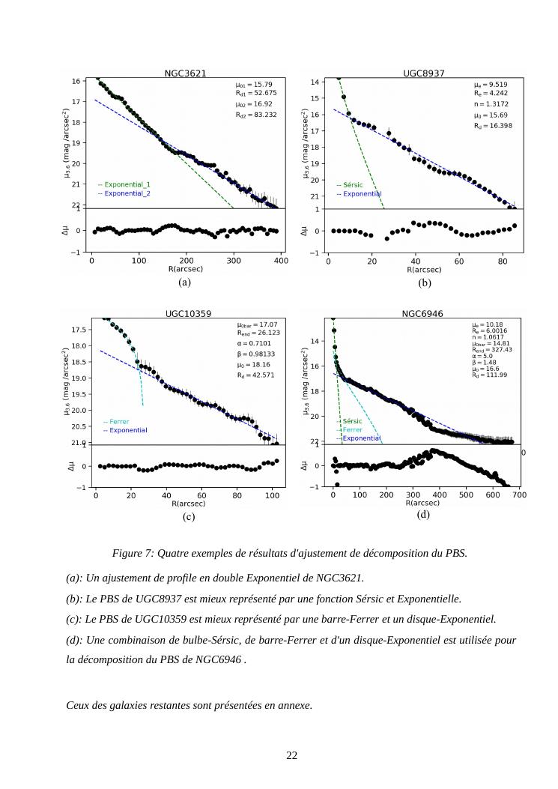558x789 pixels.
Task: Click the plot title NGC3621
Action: coord(186,73)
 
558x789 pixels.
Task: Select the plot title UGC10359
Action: coord(187,314)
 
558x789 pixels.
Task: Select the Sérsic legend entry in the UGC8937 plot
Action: coord(350,184)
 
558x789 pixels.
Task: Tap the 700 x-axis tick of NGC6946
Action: coord(519,495)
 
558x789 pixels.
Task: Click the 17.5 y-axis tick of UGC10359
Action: coord(79,330)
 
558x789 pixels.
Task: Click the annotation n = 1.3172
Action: coord(491,105)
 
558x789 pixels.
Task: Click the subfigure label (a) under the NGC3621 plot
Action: coord(185,282)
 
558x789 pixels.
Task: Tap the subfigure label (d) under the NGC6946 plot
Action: coord(424,515)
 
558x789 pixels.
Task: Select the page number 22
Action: coord(292,755)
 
